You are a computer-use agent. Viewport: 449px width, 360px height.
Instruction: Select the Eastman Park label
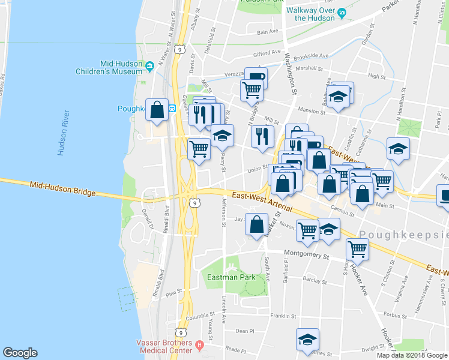[x=231, y=277]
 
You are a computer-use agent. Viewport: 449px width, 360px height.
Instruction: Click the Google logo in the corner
[x=20, y=353]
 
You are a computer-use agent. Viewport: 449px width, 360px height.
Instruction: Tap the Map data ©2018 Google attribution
[x=412, y=355]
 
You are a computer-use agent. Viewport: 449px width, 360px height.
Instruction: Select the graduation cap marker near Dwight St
[x=307, y=339]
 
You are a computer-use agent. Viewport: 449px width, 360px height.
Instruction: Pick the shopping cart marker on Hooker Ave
[x=357, y=247]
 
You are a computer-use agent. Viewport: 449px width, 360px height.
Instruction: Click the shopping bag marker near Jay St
[x=257, y=224]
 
